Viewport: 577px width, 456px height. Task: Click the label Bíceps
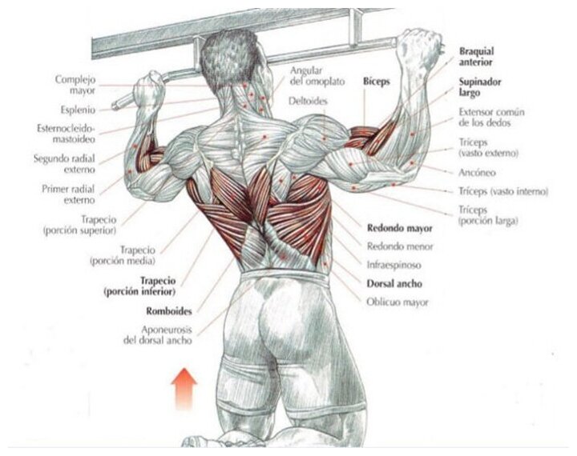[377, 82]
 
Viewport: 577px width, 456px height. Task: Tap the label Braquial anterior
[476, 56]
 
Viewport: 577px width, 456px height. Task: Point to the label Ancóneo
[478, 172]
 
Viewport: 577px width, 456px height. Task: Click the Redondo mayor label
[399, 227]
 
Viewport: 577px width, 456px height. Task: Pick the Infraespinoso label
[394, 264]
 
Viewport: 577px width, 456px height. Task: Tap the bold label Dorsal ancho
[394, 283]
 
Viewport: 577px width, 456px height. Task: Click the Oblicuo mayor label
[397, 302]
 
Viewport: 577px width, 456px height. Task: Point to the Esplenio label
[78, 109]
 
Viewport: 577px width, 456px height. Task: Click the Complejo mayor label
[75, 84]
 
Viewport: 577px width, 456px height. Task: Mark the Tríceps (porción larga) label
[488, 214]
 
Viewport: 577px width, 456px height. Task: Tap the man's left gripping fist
[149, 89]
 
